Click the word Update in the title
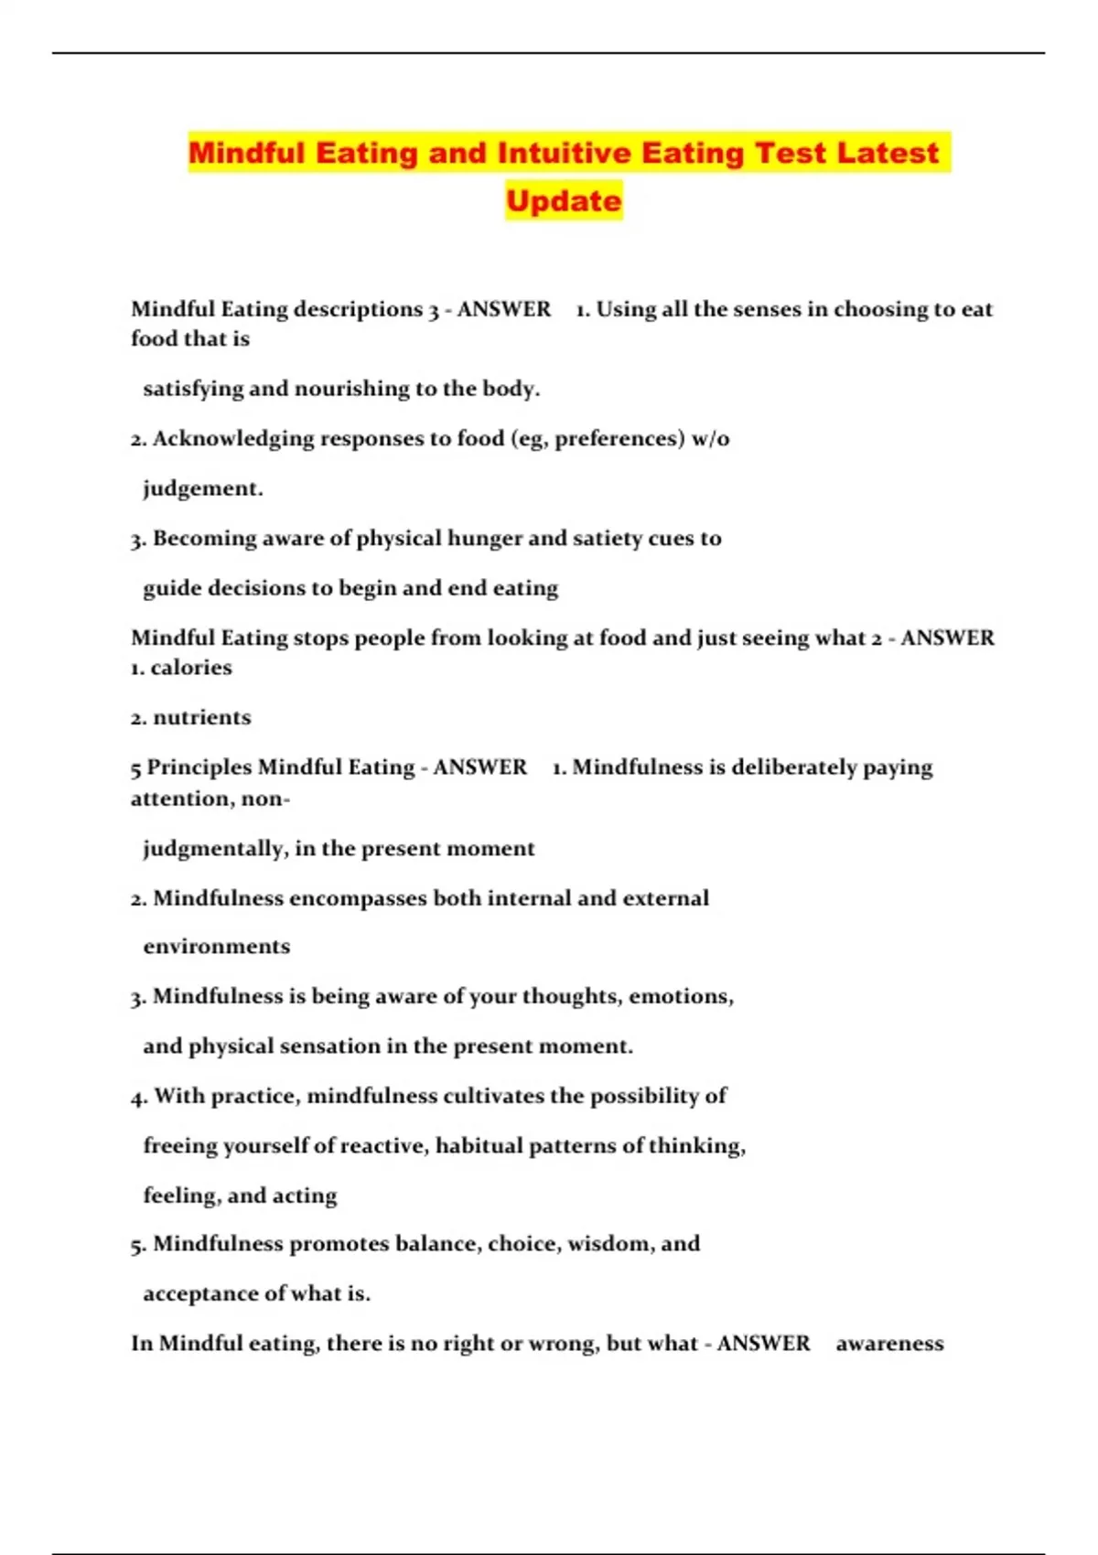(x=564, y=200)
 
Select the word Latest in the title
(x=887, y=152)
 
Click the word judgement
(x=202, y=488)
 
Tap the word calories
(x=191, y=668)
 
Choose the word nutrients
(x=201, y=717)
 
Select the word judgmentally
(x=214, y=849)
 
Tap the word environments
(x=217, y=947)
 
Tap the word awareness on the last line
(x=889, y=1344)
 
